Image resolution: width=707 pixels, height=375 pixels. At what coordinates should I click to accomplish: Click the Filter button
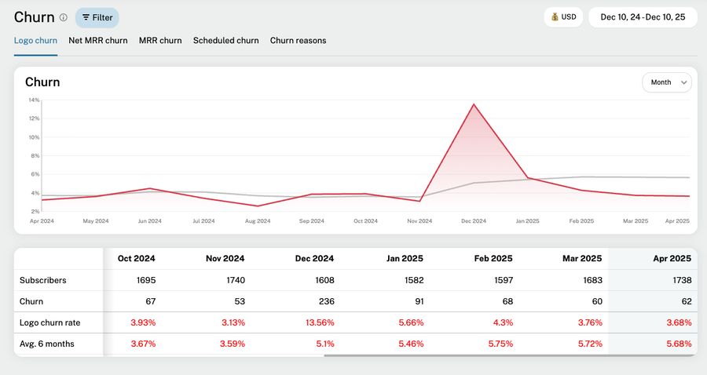(97, 17)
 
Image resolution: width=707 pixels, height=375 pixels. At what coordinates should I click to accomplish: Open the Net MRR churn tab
(98, 41)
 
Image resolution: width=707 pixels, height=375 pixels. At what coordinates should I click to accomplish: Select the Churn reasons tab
(298, 41)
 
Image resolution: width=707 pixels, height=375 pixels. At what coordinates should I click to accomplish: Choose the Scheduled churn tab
(225, 41)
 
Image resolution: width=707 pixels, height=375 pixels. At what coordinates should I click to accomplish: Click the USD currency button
(563, 17)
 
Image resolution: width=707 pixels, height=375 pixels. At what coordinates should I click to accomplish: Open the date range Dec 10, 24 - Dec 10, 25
(643, 17)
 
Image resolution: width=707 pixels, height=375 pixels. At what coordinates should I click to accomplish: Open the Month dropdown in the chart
(667, 82)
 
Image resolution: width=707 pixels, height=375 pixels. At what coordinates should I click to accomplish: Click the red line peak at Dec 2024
(473, 104)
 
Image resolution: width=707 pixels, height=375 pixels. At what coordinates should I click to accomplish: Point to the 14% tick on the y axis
(34, 100)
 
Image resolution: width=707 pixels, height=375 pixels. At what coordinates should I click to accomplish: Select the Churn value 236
(325, 301)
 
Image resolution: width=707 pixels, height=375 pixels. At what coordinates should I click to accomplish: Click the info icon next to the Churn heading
(64, 17)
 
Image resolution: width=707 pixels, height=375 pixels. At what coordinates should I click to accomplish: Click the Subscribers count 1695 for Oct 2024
(145, 280)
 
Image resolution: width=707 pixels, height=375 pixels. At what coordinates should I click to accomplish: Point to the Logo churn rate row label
(49, 322)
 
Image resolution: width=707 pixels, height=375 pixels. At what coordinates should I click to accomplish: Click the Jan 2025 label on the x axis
(527, 221)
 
